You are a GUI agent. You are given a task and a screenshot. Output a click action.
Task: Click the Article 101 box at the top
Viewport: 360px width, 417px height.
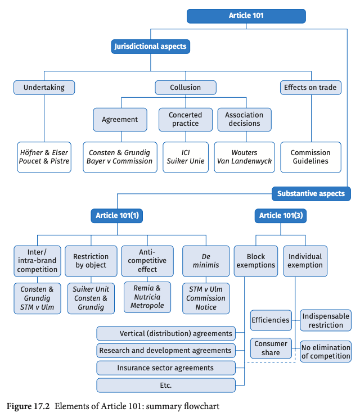246,16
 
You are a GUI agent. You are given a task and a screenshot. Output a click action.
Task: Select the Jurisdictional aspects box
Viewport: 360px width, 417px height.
150,47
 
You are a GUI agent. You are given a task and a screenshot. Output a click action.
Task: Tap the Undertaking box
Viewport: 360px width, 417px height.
44,88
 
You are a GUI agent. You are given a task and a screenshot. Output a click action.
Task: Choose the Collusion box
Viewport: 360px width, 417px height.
186,88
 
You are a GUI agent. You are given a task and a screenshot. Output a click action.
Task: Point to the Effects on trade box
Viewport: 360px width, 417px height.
310,88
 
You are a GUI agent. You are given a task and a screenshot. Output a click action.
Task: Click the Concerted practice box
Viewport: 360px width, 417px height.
186,119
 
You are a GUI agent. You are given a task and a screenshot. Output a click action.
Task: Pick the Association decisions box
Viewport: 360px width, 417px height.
245,119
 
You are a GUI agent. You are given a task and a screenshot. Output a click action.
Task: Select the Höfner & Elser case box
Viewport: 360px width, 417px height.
44,157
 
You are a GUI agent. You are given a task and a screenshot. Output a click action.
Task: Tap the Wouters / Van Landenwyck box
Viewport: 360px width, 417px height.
245,157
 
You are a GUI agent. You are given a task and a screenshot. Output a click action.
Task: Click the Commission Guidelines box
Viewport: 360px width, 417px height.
310,157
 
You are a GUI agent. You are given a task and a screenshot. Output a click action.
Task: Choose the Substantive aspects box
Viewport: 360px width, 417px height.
311,193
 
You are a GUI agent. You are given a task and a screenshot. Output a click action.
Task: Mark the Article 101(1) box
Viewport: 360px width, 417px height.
117,216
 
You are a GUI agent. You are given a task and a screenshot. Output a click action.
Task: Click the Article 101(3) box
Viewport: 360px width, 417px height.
281,216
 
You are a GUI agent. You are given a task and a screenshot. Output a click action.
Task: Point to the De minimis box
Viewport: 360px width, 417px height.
206,261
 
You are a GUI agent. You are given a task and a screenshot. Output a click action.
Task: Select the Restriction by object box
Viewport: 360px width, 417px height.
91,261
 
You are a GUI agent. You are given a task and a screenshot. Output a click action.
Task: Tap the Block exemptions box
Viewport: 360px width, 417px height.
256,261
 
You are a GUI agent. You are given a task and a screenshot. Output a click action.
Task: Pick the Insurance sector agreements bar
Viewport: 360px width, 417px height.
166,368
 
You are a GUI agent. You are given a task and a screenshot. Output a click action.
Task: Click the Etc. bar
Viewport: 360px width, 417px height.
166,386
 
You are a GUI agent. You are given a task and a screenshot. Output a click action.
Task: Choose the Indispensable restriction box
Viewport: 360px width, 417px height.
326,320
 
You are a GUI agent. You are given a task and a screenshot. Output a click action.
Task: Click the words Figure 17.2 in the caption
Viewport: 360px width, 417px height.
28,406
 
